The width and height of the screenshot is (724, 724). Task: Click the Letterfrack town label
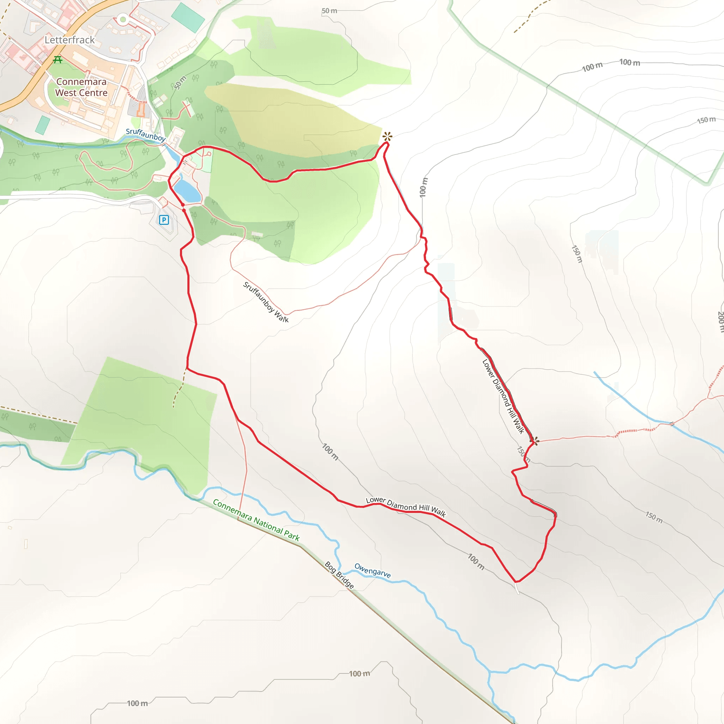click(69, 40)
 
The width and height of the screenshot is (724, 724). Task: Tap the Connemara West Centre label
click(81, 87)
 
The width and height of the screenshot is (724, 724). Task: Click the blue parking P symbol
click(164, 220)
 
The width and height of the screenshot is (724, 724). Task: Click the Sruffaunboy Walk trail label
click(266, 302)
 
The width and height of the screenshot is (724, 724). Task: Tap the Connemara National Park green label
click(256, 520)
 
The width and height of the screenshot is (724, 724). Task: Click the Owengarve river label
click(373, 570)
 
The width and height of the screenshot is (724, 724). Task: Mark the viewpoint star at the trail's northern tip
click(387, 136)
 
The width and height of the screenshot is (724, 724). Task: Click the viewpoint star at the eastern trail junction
click(535, 441)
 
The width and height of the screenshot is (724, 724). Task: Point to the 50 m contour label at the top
click(329, 11)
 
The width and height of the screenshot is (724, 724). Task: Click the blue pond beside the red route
click(187, 191)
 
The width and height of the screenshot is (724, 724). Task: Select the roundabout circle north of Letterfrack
click(123, 19)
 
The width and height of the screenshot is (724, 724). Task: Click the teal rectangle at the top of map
click(188, 17)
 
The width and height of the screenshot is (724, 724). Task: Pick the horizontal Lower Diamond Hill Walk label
click(406, 507)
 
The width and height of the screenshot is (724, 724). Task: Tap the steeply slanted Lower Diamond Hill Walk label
click(503, 397)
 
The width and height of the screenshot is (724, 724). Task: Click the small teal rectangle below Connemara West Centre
click(43, 125)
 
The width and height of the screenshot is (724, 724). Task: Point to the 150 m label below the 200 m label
click(654, 517)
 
